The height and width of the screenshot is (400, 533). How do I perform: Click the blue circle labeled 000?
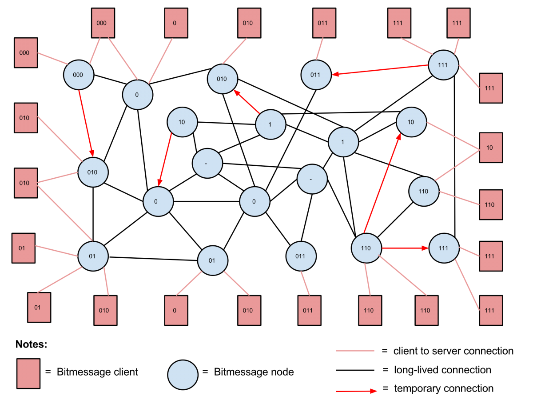pos(79,75)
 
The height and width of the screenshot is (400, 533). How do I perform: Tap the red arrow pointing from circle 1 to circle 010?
pos(247,102)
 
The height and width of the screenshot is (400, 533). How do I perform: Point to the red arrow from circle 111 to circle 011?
pos(380,70)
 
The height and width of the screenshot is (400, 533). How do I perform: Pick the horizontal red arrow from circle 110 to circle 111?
pos(405,248)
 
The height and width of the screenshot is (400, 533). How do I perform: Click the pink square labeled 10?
pos(491,148)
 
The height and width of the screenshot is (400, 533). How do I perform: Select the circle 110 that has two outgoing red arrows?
pos(366,248)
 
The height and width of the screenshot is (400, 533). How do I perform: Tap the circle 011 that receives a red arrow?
pos(316,75)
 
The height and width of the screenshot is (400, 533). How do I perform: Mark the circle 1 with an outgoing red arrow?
pos(270,124)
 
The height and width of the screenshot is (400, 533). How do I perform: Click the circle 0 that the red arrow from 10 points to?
pos(158,201)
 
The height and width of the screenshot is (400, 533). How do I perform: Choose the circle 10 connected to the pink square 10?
pos(411,122)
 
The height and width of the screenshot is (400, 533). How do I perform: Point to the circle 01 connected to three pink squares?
pos(93,256)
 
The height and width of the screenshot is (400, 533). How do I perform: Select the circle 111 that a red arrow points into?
pos(444,248)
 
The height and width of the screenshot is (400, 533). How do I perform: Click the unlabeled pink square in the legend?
pos(28,373)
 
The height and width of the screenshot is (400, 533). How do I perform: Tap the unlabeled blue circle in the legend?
pos(183,375)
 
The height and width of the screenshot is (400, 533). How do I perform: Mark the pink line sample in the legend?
pos(355,351)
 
